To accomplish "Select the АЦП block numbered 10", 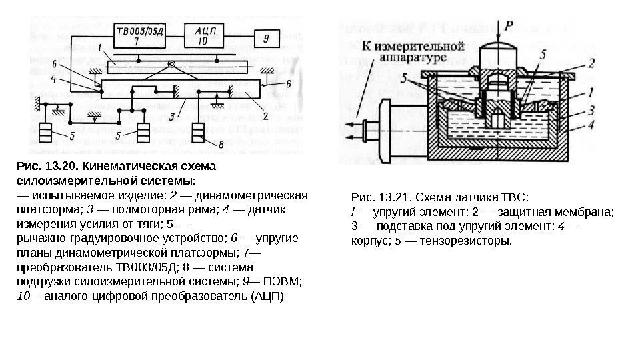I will pyautogui.click(x=204, y=35).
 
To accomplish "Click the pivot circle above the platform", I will pyautogui.click(x=172, y=65).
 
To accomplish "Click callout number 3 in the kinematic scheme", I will pyautogui.click(x=171, y=116).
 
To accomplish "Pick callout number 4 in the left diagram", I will pyautogui.click(x=55, y=79).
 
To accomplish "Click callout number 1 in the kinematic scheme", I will pyautogui.click(x=99, y=48).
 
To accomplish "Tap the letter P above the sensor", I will pyautogui.click(x=509, y=26).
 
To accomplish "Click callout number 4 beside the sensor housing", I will pyautogui.click(x=591, y=125).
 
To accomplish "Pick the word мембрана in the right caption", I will pyautogui.click(x=588, y=212).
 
